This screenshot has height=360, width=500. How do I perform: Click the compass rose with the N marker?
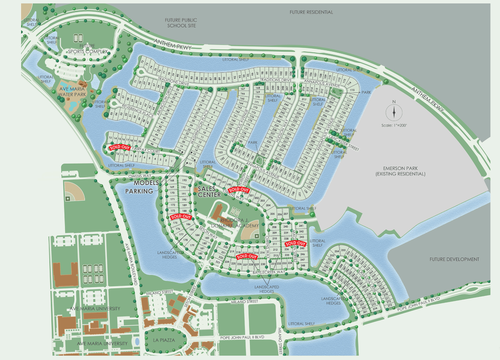[393, 112]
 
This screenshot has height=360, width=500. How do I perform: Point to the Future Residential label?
[311, 12]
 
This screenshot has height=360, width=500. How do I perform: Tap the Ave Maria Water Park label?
[72, 91]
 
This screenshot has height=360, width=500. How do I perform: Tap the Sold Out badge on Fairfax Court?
[120, 147]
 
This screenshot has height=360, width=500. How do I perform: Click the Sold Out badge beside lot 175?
[181, 216]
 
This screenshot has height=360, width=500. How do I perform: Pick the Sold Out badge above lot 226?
[246, 256]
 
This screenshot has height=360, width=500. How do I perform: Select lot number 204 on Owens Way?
[268, 205]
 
